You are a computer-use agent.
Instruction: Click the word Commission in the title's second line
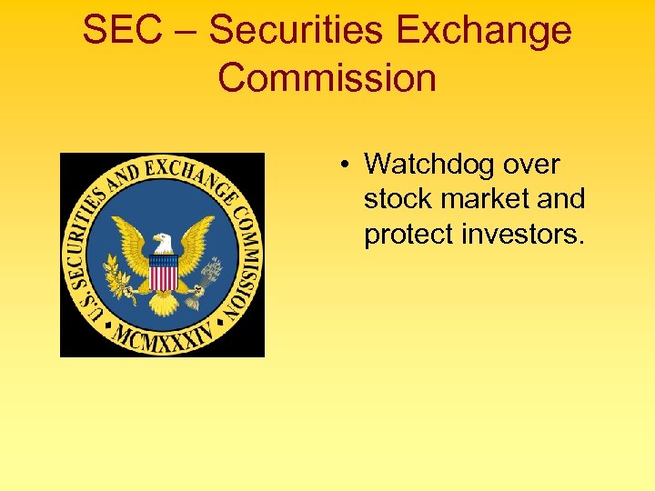coord(327,78)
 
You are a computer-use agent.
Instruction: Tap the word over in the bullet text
coord(527,165)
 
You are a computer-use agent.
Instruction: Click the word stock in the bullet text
coord(398,199)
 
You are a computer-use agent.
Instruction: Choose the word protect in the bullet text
coord(409,234)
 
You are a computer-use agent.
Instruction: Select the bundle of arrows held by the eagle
coord(209,273)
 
